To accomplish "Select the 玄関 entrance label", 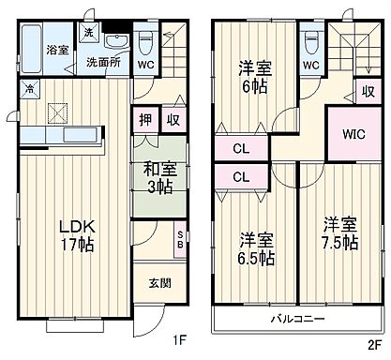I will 159,281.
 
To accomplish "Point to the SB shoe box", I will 179,240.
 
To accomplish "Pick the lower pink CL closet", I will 240,175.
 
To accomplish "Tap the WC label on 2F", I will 309,66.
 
